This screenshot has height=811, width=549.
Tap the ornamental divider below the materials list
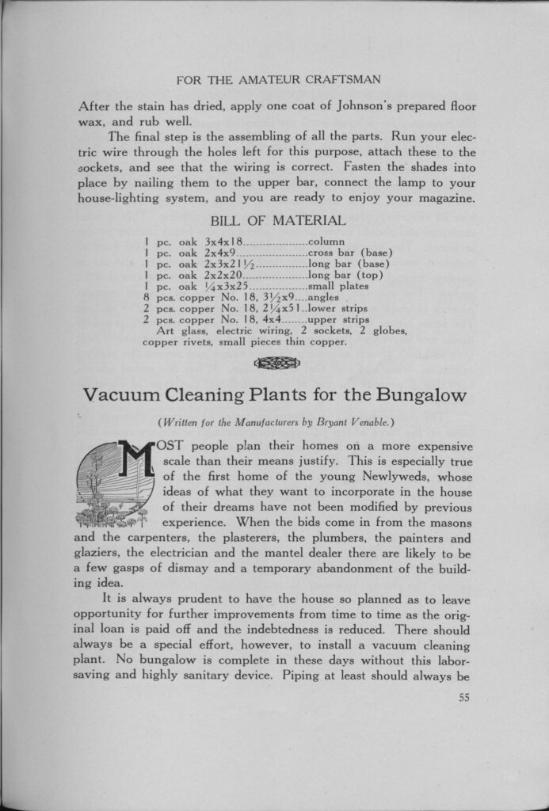(x=276, y=363)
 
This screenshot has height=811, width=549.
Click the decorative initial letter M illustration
(x=116, y=483)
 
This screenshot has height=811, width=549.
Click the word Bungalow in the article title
(x=422, y=394)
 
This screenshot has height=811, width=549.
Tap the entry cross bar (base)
(x=350, y=253)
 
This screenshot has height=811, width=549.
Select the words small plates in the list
(x=338, y=286)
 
